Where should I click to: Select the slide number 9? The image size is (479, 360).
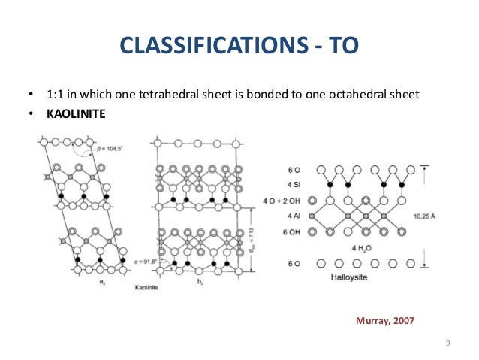coord(447,343)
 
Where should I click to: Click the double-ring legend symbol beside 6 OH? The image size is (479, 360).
coord(312,233)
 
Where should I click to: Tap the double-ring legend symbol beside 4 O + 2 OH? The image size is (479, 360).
coord(312,201)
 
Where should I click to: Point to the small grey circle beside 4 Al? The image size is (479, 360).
coord(312,216)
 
